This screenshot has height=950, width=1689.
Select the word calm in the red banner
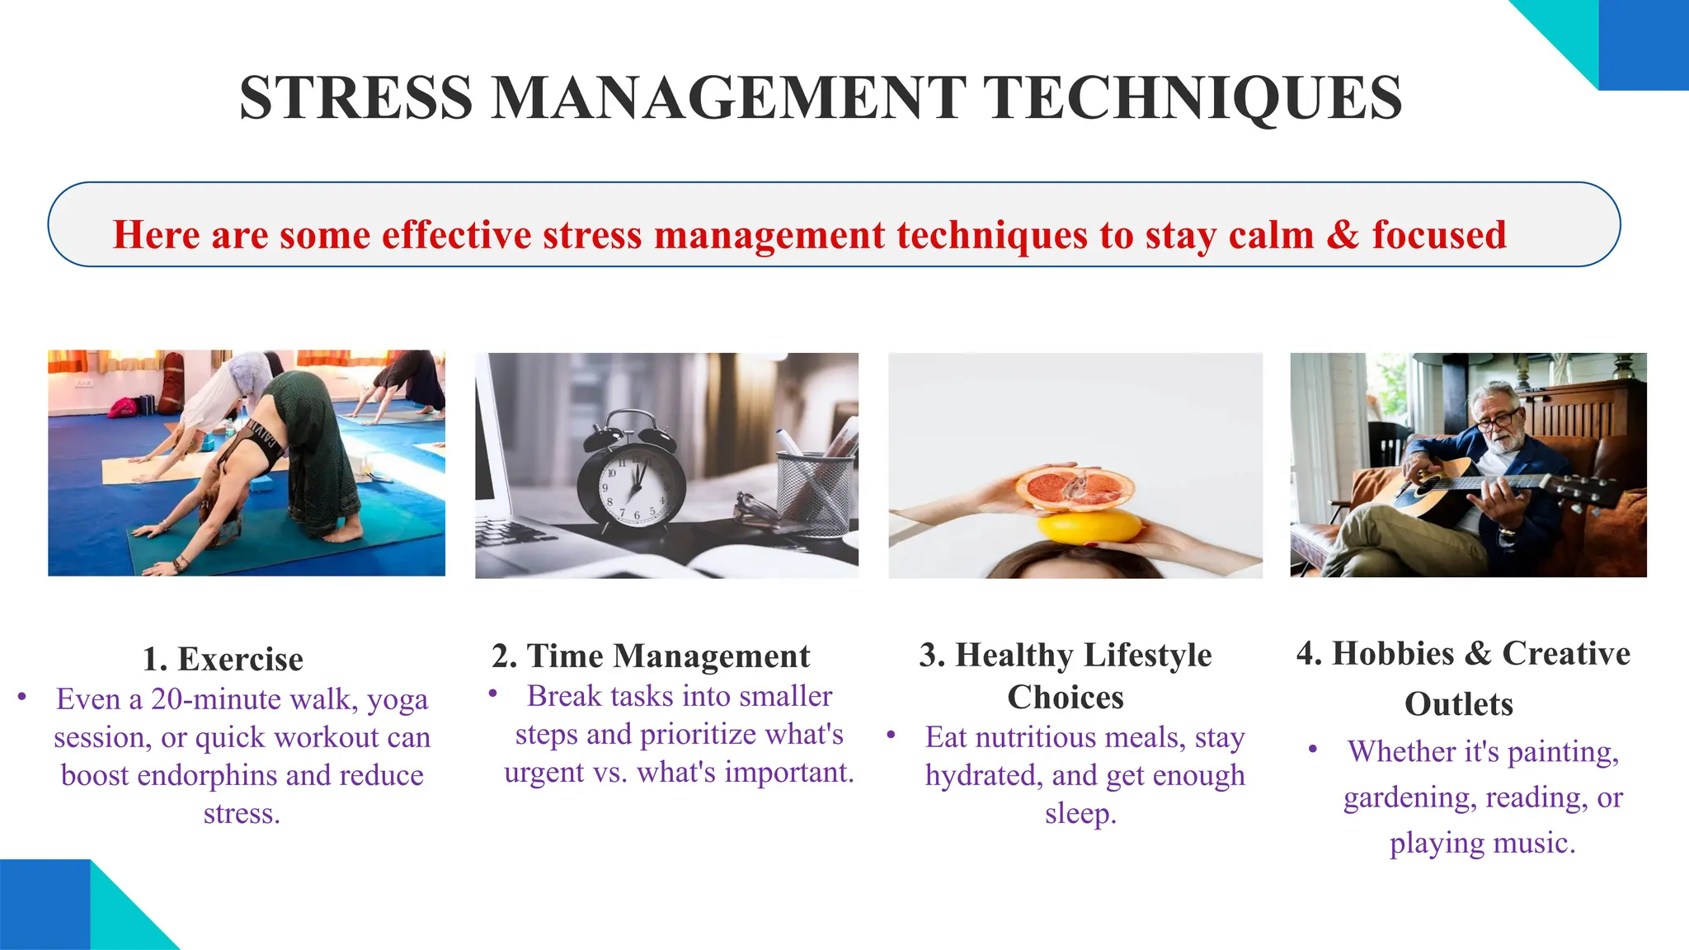[1271, 235]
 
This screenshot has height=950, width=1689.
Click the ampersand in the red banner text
[1343, 235]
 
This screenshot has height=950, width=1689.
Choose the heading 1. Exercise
[223, 660]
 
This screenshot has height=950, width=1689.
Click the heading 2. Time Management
[651, 656]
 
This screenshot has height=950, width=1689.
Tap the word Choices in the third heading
[1066, 698]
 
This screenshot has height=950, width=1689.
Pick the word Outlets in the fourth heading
[1459, 704]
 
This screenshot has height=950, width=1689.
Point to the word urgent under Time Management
[543, 773]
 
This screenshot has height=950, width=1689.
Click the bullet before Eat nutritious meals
[892, 734]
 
